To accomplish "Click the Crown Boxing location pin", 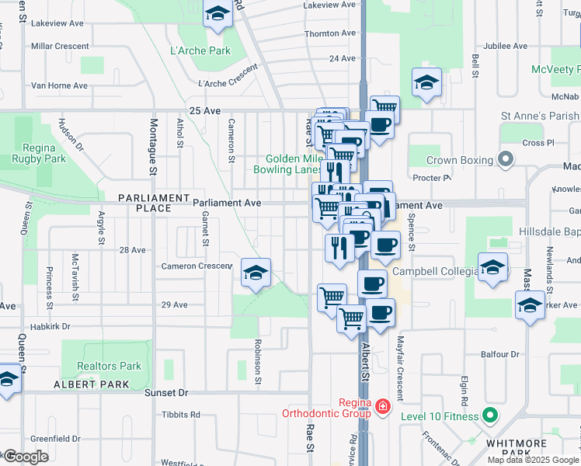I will pyautogui.click(x=506, y=161).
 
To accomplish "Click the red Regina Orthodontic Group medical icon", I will pyautogui.click(x=381, y=407).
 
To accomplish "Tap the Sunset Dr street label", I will pyautogui.click(x=167, y=393).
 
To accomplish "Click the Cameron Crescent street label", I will pyautogui.click(x=197, y=266).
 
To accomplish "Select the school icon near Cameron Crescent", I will pyautogui.click(x=256, y=273).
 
